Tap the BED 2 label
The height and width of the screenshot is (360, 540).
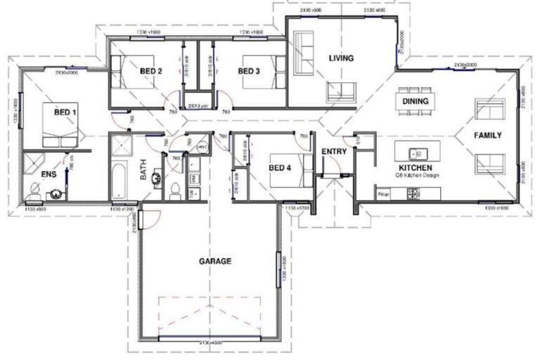151,71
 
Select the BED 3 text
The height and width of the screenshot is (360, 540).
249,71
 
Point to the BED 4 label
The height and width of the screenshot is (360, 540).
279,167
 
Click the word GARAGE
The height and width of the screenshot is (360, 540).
216,261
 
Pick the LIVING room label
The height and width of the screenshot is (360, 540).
341,58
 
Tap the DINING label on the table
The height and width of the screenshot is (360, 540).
416,101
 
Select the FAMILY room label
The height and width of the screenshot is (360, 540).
487,135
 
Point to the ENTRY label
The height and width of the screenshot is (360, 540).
334,151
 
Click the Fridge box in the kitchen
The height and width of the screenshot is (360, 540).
384,193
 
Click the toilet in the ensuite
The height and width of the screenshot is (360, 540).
34,189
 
